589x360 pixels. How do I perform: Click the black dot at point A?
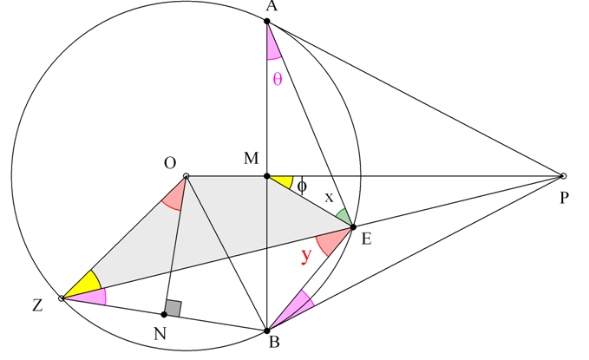267,21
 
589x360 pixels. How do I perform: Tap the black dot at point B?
267,331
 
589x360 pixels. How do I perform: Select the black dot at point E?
353,227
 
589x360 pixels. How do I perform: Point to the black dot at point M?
267,176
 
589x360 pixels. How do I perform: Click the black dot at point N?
164,314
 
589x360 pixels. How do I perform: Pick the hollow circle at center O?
186,176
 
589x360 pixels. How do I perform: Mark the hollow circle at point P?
563,176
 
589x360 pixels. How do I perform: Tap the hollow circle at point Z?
62,298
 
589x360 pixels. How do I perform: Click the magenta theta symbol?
278,79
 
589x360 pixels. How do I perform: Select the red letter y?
306,256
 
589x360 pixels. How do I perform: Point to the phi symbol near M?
302,186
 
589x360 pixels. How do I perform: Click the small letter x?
329,197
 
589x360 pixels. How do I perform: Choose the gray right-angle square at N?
173,308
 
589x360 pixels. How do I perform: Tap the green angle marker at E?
345,217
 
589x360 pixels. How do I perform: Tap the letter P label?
564,198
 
